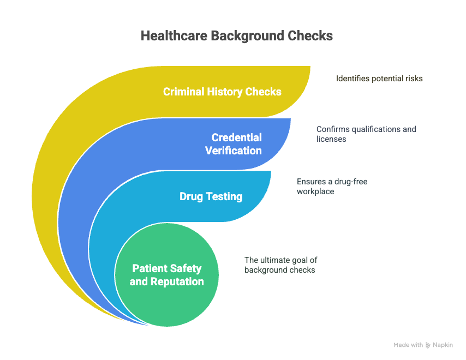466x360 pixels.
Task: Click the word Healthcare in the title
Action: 174,35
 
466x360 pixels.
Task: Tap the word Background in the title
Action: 247,36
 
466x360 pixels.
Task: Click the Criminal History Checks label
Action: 222,92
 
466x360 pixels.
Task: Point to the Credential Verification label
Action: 234,144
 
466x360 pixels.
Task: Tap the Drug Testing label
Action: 211,196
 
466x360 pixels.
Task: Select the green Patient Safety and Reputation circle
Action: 167,275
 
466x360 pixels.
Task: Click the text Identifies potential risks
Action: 379,79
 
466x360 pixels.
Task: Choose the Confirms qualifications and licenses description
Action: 366,134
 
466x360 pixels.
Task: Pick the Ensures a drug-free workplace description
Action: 332,186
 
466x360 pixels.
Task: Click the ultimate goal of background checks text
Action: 281,265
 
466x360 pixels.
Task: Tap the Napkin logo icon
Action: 428,345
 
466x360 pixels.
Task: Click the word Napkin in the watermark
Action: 443,345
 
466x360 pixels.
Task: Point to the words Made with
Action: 408,345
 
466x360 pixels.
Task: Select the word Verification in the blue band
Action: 234,151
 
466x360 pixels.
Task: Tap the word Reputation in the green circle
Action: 177,281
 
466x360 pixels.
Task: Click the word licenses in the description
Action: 331,139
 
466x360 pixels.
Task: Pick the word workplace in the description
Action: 315,191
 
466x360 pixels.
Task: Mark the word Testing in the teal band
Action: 224,197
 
